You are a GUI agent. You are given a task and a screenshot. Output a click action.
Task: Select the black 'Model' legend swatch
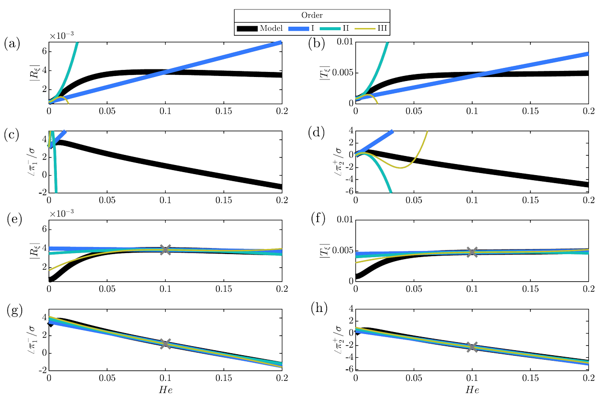pyautogui.click(x=247, y=29)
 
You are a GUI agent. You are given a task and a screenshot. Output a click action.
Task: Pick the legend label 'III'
pyautogui.click(x=382, y=29)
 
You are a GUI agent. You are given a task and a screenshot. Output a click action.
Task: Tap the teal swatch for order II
pyautogui.click(x=335, y=29)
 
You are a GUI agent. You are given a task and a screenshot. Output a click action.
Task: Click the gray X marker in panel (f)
pyautogui.click(x=472, y=252)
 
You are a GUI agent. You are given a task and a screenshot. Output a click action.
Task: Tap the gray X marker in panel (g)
pyautogui.click(x=166, y=344)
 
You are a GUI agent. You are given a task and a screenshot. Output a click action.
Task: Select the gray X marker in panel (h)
pyautogui.click(x=472, y=347)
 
